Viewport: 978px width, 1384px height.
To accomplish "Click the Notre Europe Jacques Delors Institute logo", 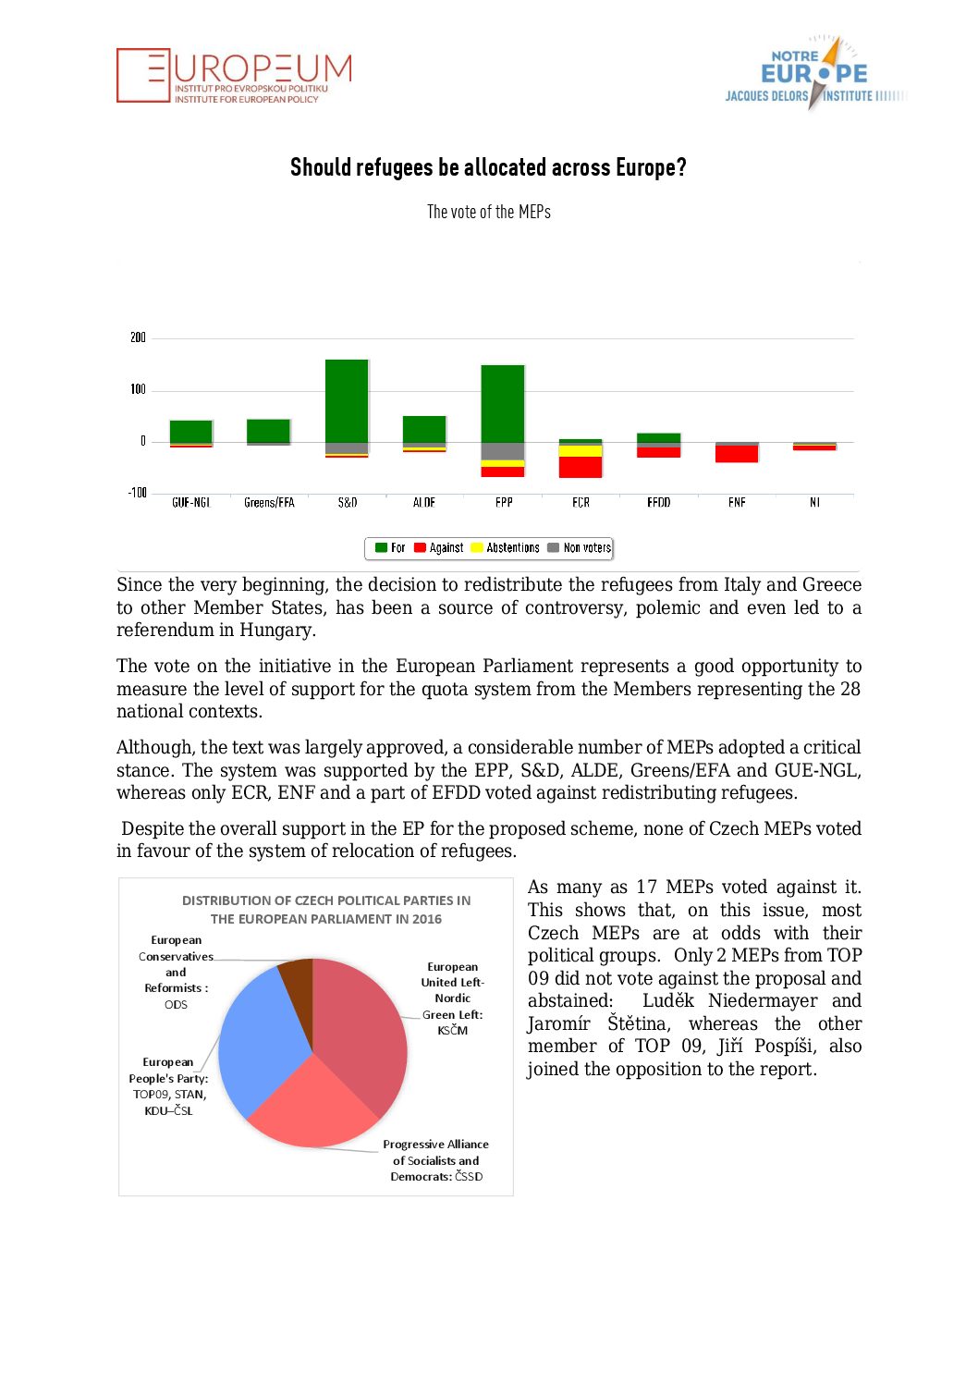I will pyautogui.click(x=813, y=74).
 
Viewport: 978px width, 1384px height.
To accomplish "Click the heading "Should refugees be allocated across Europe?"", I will pyautogui.click(x=488, y=167).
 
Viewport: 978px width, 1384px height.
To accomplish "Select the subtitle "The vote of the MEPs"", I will pyautogui.click(x=488, y=212).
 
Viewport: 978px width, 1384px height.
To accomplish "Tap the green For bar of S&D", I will pyautogui.click(x=347, y=400).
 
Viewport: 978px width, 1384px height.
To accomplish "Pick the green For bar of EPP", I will pyautogui.click(x=503, y=403).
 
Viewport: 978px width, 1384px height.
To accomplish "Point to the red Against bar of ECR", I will pyautogui.click(x=581, y=467).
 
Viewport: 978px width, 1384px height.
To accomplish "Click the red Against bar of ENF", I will pyautogui.click(x=737, y=454).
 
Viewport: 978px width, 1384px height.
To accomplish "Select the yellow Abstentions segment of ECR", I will pyautogui.click(x=581, y=451).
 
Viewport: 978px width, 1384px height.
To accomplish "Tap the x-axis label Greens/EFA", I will pyautogui.click(x=269, y=503).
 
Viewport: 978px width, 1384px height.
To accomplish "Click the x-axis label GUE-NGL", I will pyautogui.click(x=191, y=503).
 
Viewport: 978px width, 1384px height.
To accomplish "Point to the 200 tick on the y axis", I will pyautogui.click(x=138, y=337).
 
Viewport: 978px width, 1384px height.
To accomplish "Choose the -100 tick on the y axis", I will pyautogui.click(x=137, y=493).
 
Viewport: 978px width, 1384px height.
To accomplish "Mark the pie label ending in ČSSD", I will pyautogui.click(x=435, y=1160).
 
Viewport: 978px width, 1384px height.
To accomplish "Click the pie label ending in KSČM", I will pyautogui.click(x=452, y=998).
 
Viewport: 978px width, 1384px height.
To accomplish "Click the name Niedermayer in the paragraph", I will pyautogui.click(x=762, y=1001).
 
